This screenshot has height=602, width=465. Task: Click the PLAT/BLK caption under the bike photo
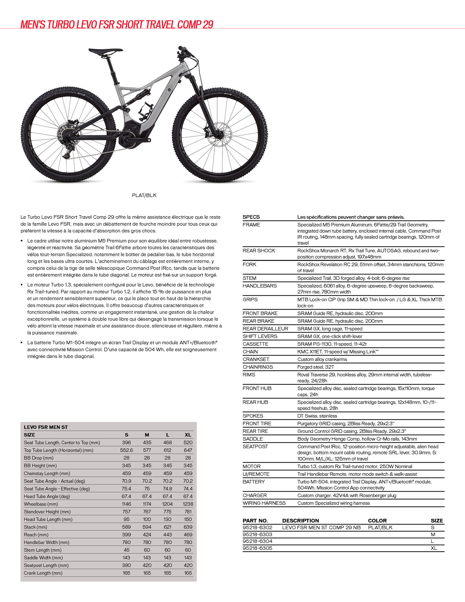point(144,195)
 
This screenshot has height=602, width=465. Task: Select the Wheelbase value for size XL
point(188,504)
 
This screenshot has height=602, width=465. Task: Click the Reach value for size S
point(126,535)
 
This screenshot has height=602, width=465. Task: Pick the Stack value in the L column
point(167,527)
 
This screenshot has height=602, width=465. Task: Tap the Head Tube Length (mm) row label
point(48,519)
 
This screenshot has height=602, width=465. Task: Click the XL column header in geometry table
point(188,435)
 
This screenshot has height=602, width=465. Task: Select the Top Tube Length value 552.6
point(126,450)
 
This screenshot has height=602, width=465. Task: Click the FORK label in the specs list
point(250,264)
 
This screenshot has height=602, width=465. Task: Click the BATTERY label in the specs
point(254,482)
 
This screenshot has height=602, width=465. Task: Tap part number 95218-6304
point(257,541)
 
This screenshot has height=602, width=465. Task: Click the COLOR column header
point(377,521)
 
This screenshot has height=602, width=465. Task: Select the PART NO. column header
point(255,521)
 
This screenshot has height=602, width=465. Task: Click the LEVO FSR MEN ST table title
point(46,427)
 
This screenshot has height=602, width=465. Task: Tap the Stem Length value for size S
point(126,550)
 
